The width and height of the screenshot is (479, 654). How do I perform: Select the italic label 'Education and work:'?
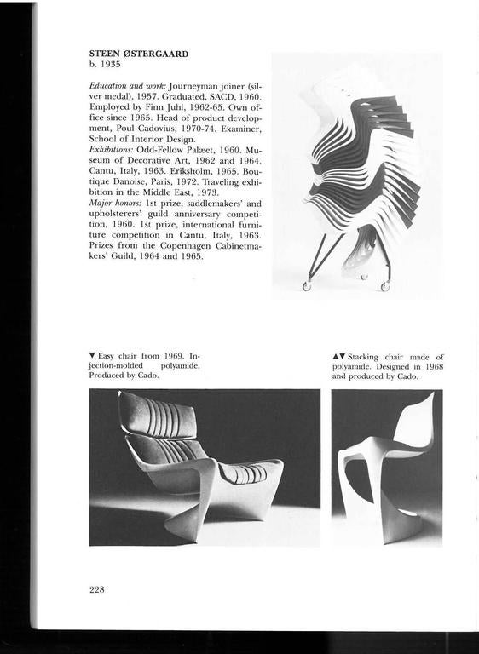128,87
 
